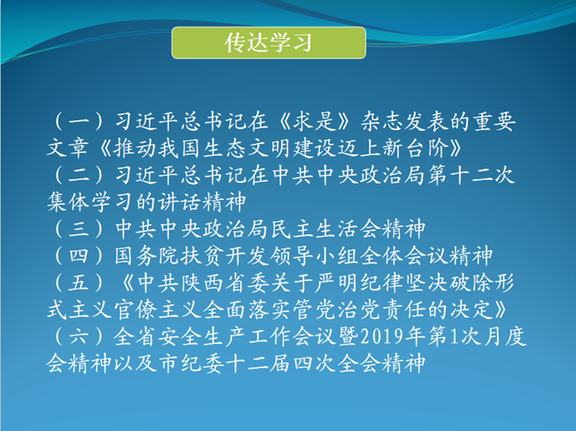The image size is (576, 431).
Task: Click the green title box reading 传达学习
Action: [x=268, y=43]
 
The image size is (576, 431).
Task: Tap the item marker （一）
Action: [x=79, y=122]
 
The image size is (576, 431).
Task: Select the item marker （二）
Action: [x=79, y=175]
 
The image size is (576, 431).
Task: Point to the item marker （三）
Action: [x=79, y=229]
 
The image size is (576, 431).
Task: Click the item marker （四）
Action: [x=79, y=256]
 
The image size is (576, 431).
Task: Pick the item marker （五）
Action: [x=79, y=283]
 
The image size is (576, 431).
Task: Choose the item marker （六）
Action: [x=79, y=336]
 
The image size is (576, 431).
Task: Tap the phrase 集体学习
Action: [x=91, y=202]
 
